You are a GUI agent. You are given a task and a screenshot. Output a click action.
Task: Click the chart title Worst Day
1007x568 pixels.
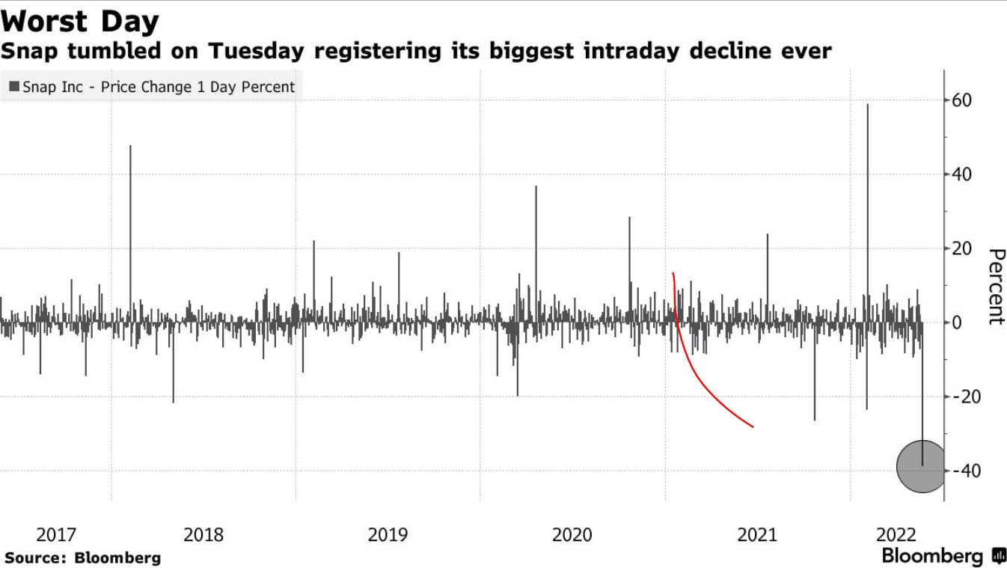pos(80,21)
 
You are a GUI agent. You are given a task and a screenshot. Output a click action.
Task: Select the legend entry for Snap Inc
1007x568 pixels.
pos(152,87)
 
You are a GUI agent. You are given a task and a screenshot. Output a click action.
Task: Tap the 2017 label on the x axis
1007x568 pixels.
pos(56,535)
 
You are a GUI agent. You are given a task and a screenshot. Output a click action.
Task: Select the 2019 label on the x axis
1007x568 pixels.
pos(388,535)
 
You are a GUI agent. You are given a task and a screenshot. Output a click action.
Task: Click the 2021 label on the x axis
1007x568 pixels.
pos(757,535)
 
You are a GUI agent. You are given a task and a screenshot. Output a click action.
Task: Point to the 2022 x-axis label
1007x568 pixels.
pos(896,535)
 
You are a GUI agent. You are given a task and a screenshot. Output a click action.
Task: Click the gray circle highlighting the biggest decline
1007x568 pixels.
pos(921,467)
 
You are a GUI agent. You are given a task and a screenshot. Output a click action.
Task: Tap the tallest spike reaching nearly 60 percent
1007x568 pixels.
pos(868,187)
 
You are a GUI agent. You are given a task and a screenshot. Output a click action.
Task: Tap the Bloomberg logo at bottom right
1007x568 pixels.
pos(943,556)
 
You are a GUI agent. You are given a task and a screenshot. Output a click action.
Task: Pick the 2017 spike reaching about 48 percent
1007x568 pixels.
pos(130,225)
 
